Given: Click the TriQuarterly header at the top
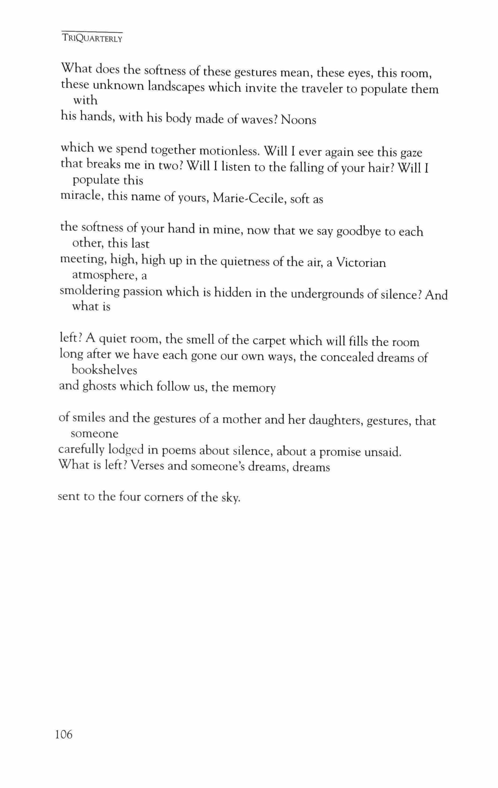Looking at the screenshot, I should click(92, 39).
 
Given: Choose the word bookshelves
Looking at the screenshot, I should click(104, 370).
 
